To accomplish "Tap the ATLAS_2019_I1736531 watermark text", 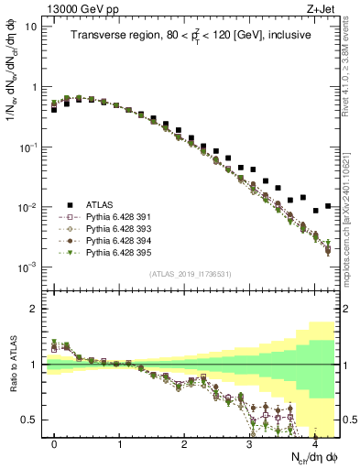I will coord(191,274).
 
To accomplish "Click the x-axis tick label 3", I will coord(249,443).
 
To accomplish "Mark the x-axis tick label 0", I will coord(54,443).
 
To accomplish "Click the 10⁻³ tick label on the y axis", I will coord(29,267).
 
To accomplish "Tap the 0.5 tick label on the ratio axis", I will coord(30,420).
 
